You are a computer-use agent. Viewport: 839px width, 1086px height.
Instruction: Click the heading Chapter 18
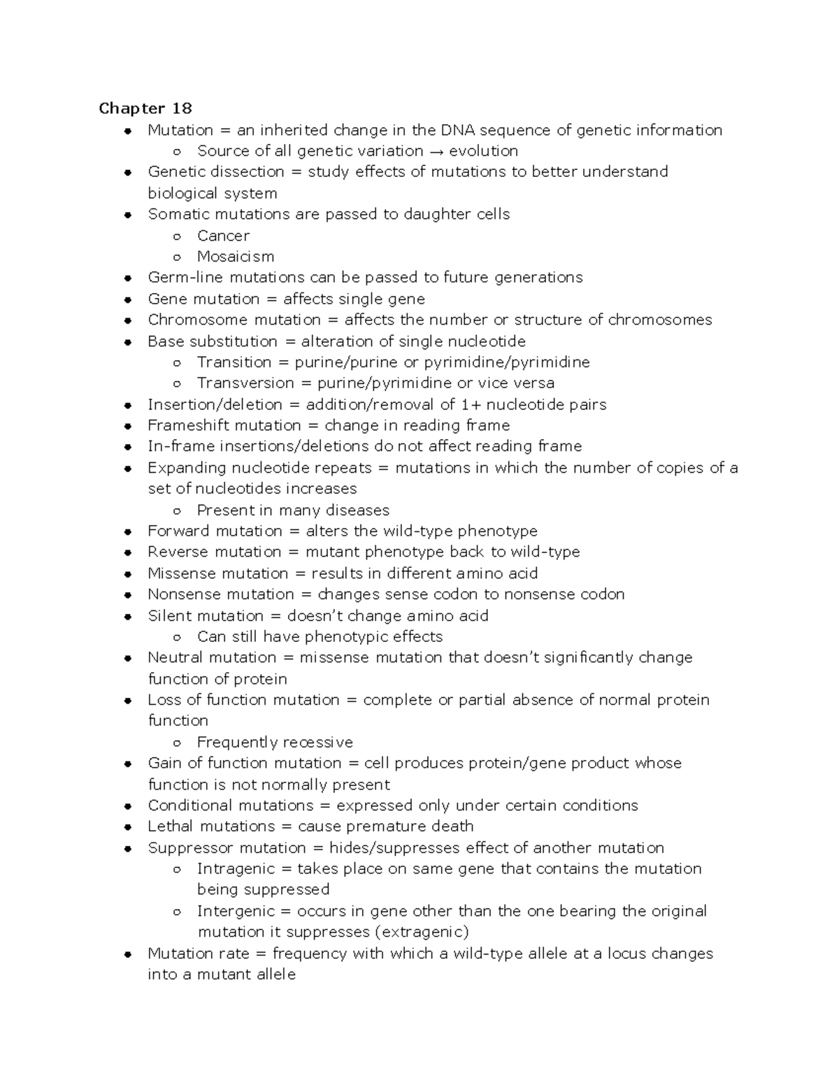[145, 108]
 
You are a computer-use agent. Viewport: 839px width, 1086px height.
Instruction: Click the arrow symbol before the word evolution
[436, 151]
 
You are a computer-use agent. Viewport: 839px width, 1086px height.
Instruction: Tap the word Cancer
[223, 236]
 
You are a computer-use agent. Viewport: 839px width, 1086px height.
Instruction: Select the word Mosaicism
[236, 257]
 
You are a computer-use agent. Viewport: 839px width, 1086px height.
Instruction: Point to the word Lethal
[170, 827]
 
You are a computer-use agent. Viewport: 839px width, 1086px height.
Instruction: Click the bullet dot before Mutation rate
[128, 954]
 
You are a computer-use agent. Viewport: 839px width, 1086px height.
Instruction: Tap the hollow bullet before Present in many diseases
[178, 510]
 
